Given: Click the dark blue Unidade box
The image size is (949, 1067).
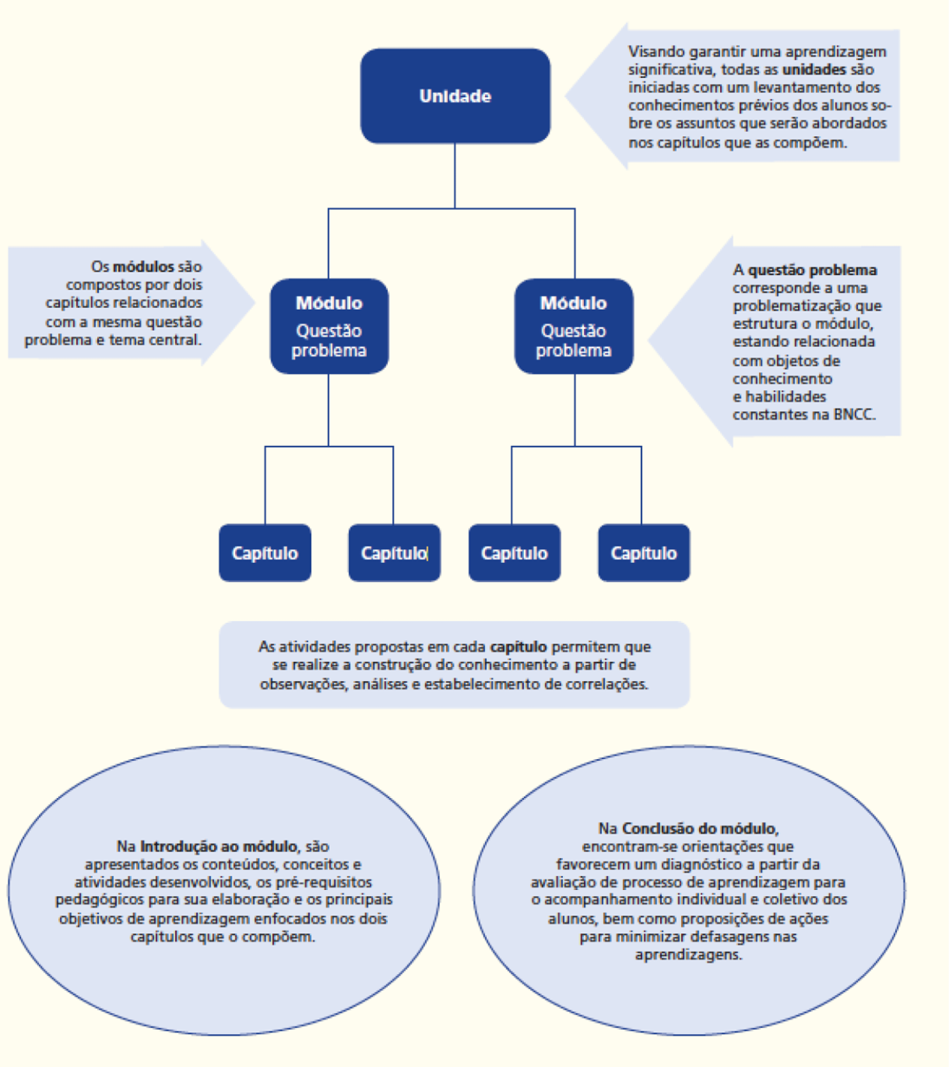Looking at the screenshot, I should (455, 95).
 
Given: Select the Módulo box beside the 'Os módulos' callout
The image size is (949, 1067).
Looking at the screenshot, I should (329, 326).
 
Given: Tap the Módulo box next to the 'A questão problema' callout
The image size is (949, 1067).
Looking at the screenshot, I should (573, 326).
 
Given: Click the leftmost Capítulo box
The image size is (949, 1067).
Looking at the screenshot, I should (265, 553).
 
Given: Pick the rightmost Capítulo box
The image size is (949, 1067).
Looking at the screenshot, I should (644, 553).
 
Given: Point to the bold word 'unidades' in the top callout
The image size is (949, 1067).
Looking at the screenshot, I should (814, 69).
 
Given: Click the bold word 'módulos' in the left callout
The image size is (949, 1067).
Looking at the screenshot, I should (143, 266).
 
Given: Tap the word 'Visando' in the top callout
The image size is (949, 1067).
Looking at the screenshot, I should (657, 51).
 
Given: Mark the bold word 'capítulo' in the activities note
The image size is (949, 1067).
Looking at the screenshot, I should (518, 646).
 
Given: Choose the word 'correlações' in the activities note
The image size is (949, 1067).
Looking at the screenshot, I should (611, 684).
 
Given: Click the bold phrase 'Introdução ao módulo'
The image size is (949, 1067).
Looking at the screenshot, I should (219, 846).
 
